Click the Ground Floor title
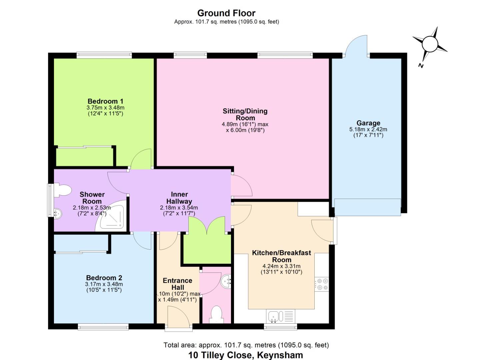pos(226,13)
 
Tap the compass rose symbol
pos(429,44)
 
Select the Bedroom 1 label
pos(105,101)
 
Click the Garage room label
pos(368,123)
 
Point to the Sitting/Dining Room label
pos(245,114)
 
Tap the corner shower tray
pos(112,217)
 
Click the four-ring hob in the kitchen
pos(322,284)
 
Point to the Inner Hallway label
pos(179,198)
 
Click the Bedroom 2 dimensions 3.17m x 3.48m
pos(104,284)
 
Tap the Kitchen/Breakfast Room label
pos(281,256)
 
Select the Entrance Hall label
pos(177,284)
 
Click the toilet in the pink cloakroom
pos(217,314)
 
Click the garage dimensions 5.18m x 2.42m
pos(368,129)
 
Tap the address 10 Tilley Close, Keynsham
pos(246,355)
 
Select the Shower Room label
pos(92,198)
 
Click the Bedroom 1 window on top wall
pos(104,55)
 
